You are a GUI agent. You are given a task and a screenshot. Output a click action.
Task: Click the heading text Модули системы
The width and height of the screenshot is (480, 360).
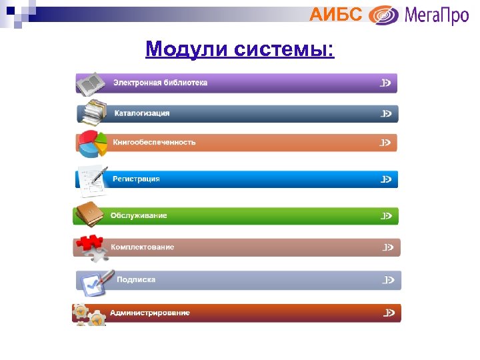click(x=240, y=49)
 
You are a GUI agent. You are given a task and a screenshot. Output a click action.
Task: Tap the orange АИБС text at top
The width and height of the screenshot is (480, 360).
click(x=336, y=14)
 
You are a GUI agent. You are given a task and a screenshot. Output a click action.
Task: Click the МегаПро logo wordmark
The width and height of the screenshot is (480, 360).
click(x=436, y=15)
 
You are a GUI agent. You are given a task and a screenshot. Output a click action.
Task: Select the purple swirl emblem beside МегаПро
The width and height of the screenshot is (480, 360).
click(x=384, y=15)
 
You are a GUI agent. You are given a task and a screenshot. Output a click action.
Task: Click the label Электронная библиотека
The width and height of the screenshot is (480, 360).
click(x=160, y=83)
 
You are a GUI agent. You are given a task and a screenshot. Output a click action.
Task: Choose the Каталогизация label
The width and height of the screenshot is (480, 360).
click(x=142, y=113)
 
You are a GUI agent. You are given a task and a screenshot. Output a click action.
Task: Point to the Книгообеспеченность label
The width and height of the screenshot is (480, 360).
click(x=154, y=142)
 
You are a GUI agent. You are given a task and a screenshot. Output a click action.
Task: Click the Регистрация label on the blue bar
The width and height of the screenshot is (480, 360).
click(x=136, y=179)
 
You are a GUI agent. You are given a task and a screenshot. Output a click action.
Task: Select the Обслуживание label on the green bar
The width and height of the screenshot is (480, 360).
click(x=139, y=215)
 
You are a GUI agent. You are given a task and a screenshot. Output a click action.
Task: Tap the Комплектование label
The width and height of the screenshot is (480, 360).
click(x=142, y=247)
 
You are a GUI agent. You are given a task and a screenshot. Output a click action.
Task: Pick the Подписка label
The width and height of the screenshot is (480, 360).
click(x=136, y=279)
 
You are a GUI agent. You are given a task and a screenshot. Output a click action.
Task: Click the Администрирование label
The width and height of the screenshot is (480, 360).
click(x=150, y=313)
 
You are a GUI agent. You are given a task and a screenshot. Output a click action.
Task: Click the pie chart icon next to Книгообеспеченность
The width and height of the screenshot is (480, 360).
click(x=91, y=143)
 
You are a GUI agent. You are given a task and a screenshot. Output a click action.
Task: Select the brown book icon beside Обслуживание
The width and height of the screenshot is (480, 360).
click(x=89, y=214)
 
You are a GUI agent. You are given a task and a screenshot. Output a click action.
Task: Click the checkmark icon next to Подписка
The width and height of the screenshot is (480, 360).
click(x=93, y=283)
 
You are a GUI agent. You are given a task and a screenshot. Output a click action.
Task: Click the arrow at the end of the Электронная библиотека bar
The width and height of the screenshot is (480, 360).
click(x=385, y=83)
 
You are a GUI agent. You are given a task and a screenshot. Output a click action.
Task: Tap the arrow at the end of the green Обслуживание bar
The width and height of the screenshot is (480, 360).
click(x=387, y=216)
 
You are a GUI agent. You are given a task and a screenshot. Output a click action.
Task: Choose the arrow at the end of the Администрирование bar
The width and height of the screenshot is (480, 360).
click(x=389, y=313)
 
